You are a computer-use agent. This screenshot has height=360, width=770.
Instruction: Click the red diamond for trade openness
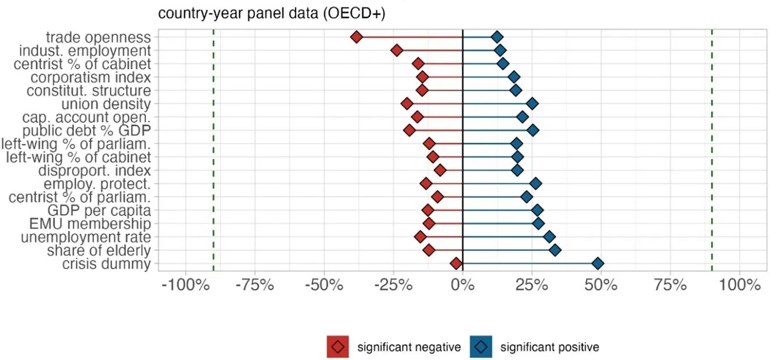(x=357, y=37)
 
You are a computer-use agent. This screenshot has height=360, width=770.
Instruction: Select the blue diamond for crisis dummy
(x=598, y=264)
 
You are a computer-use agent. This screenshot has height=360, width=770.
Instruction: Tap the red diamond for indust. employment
(x=397, y=51)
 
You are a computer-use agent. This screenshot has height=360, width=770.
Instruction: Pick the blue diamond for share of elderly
(x=555, y=250)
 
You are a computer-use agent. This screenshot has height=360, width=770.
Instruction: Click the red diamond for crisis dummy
(x=456, y=264)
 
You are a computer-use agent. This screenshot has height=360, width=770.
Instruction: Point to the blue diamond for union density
(x=532, y=104)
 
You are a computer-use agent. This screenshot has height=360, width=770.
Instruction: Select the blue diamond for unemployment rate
(x=549, y=237)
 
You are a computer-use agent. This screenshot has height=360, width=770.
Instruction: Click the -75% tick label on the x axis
(x=255, y=285)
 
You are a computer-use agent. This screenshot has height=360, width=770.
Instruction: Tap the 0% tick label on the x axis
(x=462, y=285)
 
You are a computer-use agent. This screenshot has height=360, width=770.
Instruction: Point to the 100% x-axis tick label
(x=739, y=285)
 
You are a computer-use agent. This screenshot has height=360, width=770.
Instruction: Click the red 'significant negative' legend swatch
(x=337, y=347)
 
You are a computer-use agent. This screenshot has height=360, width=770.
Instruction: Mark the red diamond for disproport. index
(x=440, y=170)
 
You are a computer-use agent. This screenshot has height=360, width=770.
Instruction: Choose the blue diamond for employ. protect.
(x=536, y=183)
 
